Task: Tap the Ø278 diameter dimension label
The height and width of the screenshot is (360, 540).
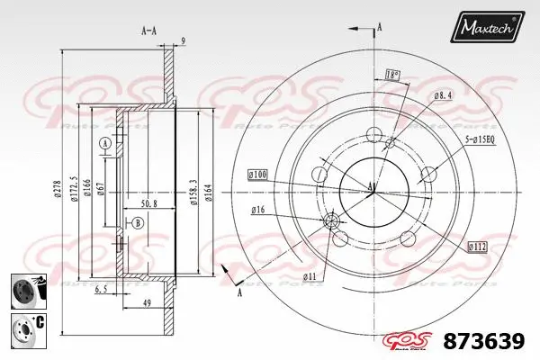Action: (x=58, y=189)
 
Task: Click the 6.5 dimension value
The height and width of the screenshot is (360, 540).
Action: (x=103, y=290)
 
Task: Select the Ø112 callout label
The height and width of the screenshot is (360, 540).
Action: (x=478, y=246)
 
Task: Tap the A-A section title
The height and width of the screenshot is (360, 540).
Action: (x=149, y=30)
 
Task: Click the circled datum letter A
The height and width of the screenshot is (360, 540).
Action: (x=105, y=144)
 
